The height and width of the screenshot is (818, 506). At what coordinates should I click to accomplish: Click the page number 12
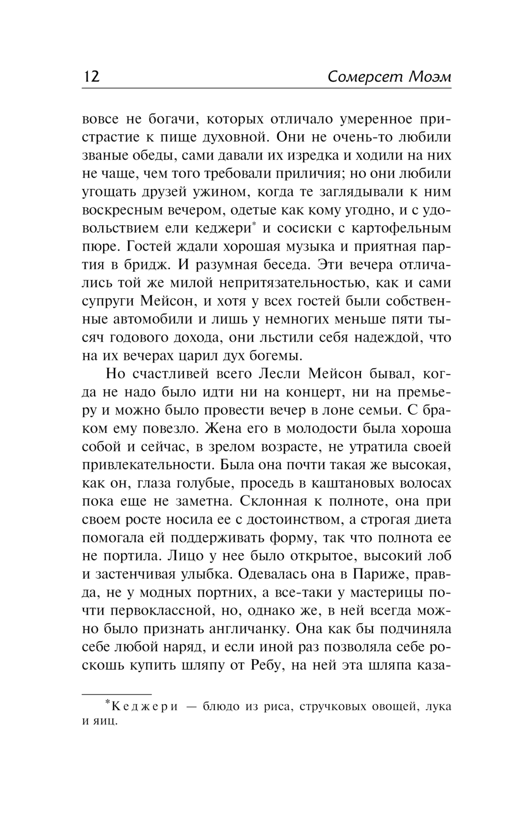91,77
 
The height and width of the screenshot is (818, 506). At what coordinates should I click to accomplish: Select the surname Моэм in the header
429,77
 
